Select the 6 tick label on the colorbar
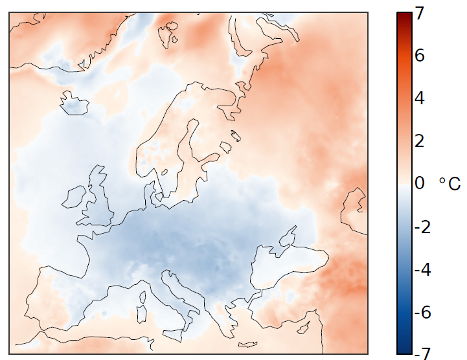click(x=420, y=56)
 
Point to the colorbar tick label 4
click(x=420, y=98)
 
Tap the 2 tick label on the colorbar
click(x=420, y=141)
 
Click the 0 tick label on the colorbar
click(x=420, y=183)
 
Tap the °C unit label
click(x=450, y=184)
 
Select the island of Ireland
click(x=74, y=197)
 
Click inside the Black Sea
click(x=285, y=259)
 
